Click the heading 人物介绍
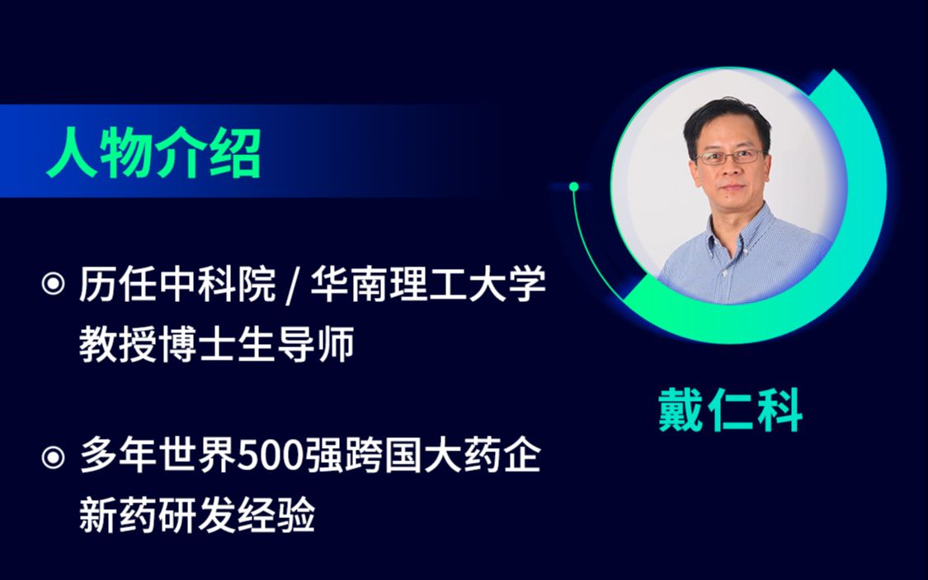(x=153, y=153)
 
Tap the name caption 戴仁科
(x=730, y=410)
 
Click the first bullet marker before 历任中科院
(x=53, y=285)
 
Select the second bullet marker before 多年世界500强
(x=53, y=457)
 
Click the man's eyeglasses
(x=729, y=156)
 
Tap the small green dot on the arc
(x=574, y=186)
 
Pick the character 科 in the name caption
(x=779, y=410)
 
